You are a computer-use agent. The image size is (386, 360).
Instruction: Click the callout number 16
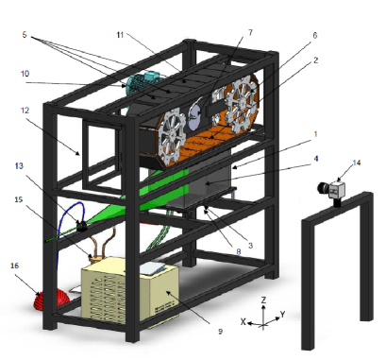coord(14,266)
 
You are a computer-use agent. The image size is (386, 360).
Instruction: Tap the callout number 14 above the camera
coord(357,163)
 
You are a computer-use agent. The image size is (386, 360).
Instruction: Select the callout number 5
coord(25,34)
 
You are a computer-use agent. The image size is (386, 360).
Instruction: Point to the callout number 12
coord(25,111)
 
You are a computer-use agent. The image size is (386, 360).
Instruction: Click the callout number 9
coord(220,332)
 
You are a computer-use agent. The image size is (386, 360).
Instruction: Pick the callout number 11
coord(120,35)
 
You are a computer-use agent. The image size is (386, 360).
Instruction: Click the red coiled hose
coord(51,300)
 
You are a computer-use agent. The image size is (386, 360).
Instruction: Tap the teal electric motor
coord(143,82)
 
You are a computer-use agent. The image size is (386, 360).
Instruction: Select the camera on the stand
coord(331,190)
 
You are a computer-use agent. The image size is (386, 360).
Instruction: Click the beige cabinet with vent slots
coord(129,291)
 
